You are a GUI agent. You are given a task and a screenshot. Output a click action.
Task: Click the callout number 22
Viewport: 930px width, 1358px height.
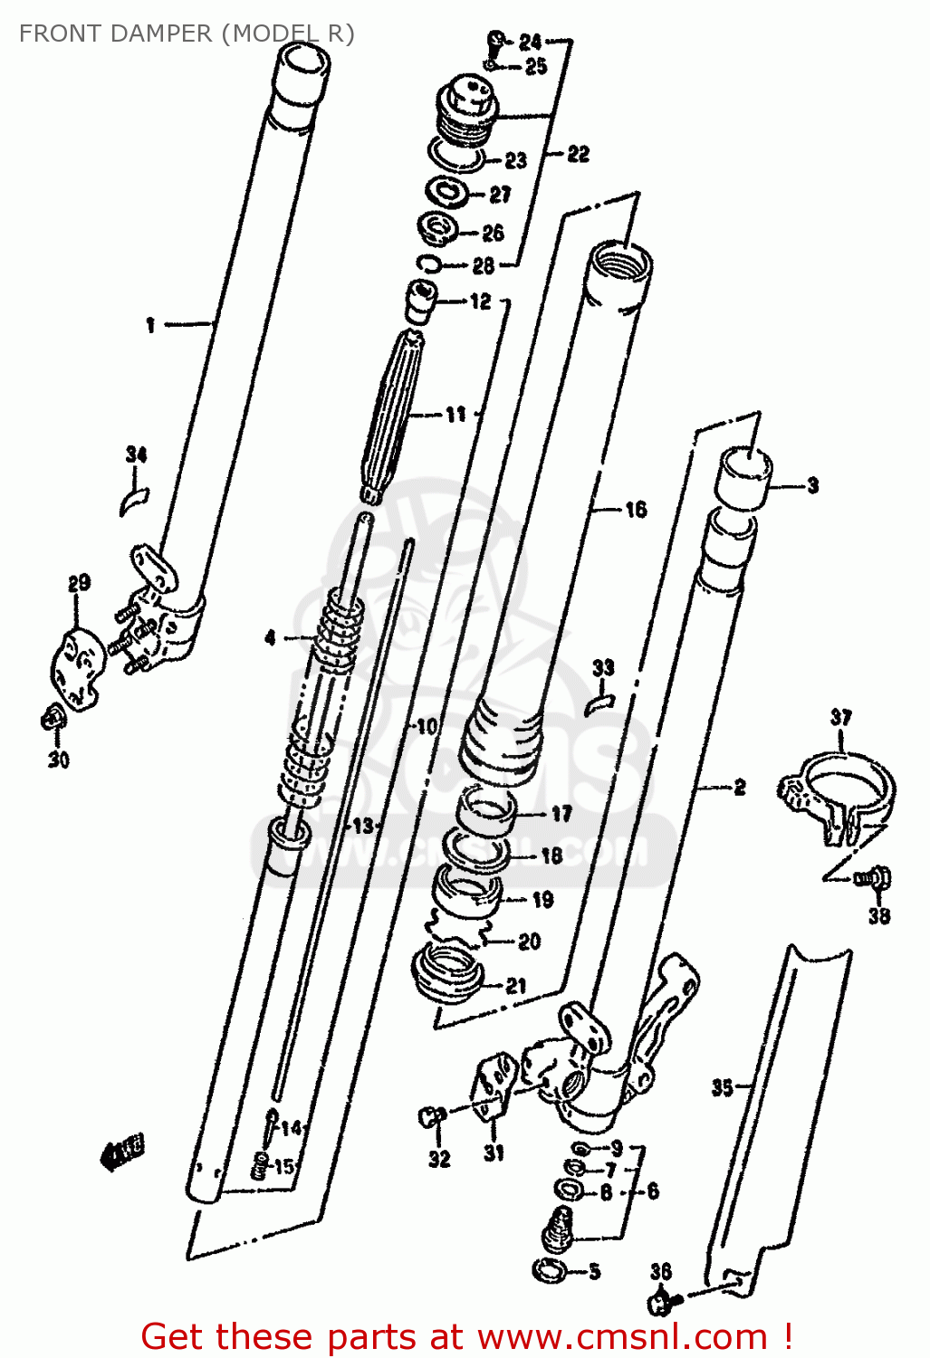(578, 155)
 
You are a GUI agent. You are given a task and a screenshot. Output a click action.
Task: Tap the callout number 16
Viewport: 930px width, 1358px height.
(636, 510)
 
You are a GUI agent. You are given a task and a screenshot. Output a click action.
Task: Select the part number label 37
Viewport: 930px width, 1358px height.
(840, 718)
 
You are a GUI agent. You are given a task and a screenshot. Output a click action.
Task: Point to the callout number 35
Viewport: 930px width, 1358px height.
(722, 1086)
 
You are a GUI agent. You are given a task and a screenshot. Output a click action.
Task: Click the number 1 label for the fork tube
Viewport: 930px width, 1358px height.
(151, 325)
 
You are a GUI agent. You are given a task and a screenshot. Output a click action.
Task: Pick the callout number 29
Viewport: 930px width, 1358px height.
(79, 583)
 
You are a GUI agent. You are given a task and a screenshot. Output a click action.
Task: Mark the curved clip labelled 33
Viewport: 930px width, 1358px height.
(599, 701)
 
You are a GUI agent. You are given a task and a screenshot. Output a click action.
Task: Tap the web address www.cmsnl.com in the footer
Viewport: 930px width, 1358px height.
(622, 1336)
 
